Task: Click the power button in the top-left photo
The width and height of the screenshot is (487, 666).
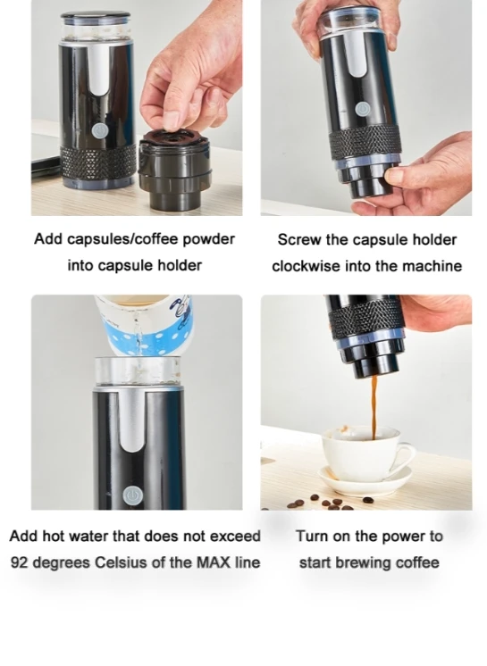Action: tap(99, 131)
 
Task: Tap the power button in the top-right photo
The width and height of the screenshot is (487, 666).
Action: tap(362, 110)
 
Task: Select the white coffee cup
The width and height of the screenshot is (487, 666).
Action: tap(365, 454)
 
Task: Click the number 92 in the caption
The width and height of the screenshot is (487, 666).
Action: tap(20, 562)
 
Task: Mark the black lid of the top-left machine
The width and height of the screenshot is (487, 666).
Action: tap(96, 18)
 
